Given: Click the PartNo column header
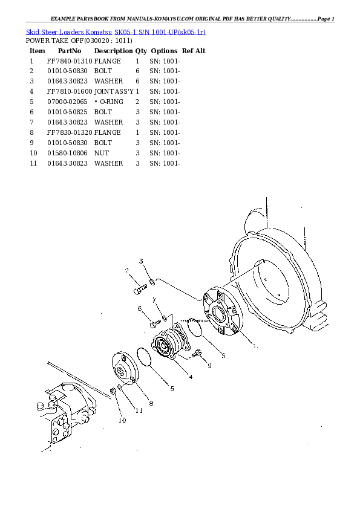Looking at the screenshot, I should pyautogui.click(x=70, y=51).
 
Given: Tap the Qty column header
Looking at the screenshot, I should pyautogui.click(x=141, y=51).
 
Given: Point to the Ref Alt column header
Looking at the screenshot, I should pyautogui.click(x=194, y=51).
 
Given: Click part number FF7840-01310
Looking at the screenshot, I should pyautogui.click(x=70, y=62).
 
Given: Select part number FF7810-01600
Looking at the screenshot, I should pyautogui.click(x=70, y=91).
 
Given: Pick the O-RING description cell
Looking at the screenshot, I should pyautogui.click(x=111, y=102).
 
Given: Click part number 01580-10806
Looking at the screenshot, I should pyautogui.click(x=68, y=154).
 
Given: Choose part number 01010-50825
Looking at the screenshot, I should pyautogui.click(x=68, y=112).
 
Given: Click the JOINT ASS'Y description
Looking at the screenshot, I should pyautogui.click(x=114, y=91).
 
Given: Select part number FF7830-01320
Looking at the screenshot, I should pyautogui.click(x=70, y=132).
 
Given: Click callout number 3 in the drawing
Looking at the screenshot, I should pyautogui.click(x=141, y=261).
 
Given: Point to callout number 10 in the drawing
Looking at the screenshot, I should pyautogui.click(x=122, y=420).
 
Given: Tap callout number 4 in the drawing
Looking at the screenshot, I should pyautogui.click(x=191, y=377).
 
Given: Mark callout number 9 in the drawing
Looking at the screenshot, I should pyautogui.click(x=209, y=366).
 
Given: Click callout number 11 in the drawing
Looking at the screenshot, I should pyautogui.click(x=139, y=410).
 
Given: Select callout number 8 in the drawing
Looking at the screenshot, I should pyautogui.click(x=151, y=403).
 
